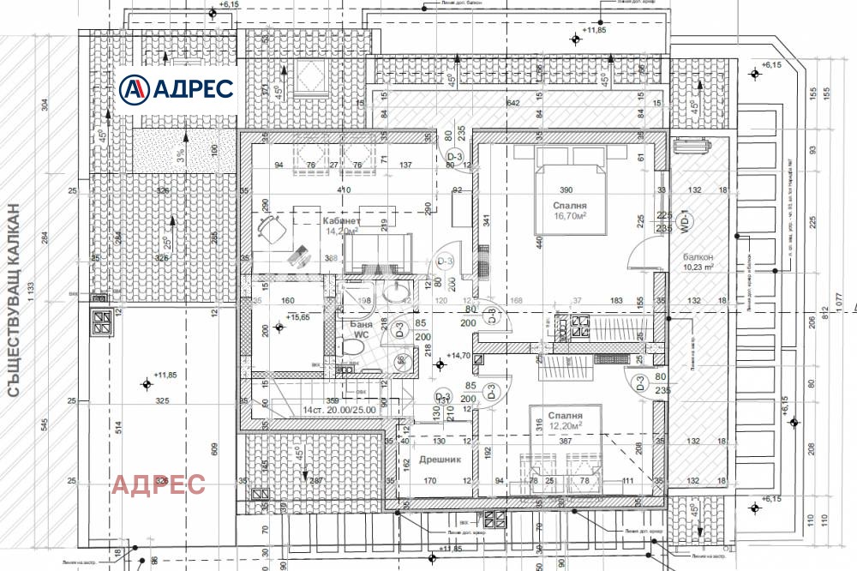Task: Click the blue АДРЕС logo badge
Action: coord(178,88)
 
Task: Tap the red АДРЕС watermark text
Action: coord(159,484)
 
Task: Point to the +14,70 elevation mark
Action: coord(455,356)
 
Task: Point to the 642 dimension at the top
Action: coord(513,103)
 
